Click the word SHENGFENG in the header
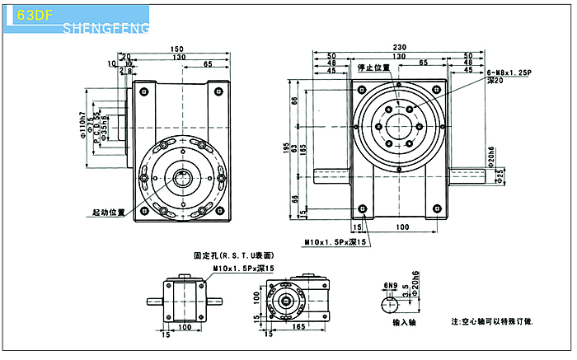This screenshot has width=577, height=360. pyautogui.click(x=106, y=30)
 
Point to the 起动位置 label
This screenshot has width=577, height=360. pyautogui.click(x=109, y=213)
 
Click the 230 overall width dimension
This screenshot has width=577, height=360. pyautogui.click(x=401, y=47)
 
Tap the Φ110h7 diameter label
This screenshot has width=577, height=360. pyautogui.click(x=82, y=123)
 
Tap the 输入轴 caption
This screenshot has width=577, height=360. pyautogui.click(x=406, y=325)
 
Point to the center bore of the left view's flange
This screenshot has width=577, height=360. pyautogui.click(x=185, y=174)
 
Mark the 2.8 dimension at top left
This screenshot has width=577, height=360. pyautogui.click(x=124, y=72)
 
